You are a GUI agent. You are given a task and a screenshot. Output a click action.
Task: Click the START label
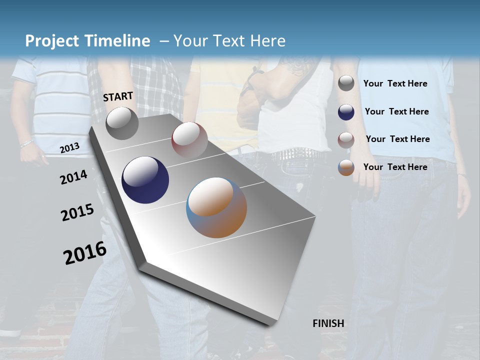pos(118,96)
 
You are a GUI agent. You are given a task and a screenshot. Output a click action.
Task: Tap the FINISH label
pos(328,323)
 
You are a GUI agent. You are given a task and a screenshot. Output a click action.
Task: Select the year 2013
pos(69,147)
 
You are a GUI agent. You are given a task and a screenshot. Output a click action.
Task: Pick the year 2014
pos(73,177)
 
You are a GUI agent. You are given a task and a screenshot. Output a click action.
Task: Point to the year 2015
pos(77,212)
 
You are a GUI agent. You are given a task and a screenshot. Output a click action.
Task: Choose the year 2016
pos(85,252)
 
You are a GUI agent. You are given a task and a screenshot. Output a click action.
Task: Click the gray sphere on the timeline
pos(122,123)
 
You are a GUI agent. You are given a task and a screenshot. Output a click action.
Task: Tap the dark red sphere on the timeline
pos(189,140)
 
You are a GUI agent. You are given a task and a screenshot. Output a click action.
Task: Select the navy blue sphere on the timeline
pos(145,180)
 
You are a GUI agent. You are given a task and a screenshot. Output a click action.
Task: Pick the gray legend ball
pos(346,83)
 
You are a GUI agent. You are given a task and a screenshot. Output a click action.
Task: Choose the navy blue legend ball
pos(346,112)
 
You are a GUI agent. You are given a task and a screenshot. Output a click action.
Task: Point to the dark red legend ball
pos(346,140)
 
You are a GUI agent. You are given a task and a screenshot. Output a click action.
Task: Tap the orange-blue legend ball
pos(346,168)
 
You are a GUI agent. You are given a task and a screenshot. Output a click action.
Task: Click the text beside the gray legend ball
pos(395,84)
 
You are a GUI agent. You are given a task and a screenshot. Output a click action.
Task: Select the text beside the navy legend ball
pos(396,111)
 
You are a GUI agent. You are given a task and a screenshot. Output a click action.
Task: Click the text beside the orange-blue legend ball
pos(395,167)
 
